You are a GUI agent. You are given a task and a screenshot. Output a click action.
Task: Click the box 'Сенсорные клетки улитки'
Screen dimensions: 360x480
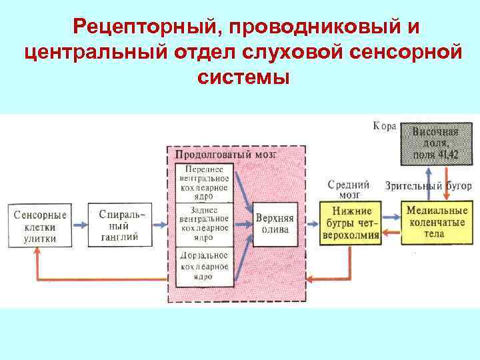pos(41,227)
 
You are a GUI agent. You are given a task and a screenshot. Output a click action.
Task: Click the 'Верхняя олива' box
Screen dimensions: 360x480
pos(272,225)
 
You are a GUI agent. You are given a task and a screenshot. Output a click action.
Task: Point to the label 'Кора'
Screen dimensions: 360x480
pos(385,126)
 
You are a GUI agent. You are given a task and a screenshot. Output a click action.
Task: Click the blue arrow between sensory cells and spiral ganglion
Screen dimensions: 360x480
pos(79,226)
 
